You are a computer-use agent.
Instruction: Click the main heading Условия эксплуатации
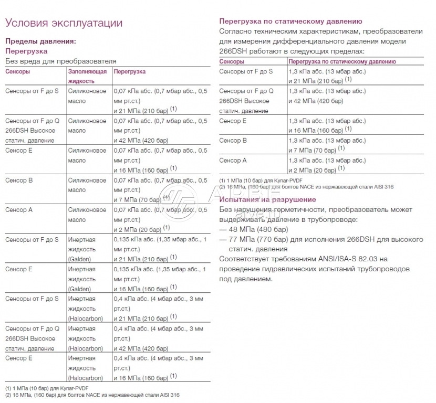[64, 23]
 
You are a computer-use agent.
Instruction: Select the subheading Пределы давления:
[40, 41]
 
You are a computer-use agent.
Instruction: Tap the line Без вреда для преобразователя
[60, 61]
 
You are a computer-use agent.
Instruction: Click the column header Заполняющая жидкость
[87, 76]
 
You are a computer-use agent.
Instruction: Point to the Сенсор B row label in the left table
[19, 181]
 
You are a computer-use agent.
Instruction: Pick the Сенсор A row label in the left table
[19, 210]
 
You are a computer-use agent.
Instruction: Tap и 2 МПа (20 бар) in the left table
[138, 229]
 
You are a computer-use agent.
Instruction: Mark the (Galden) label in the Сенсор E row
[79, 289]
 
